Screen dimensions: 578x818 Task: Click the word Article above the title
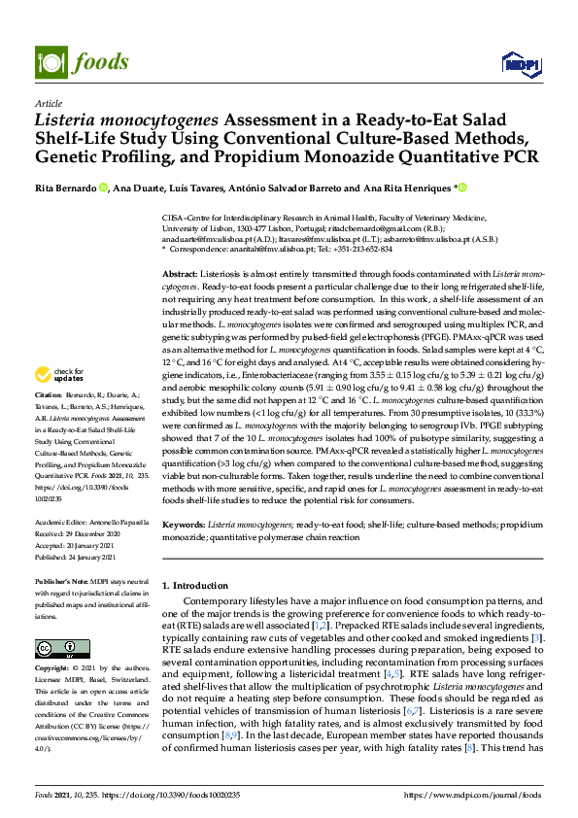point(48,103)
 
